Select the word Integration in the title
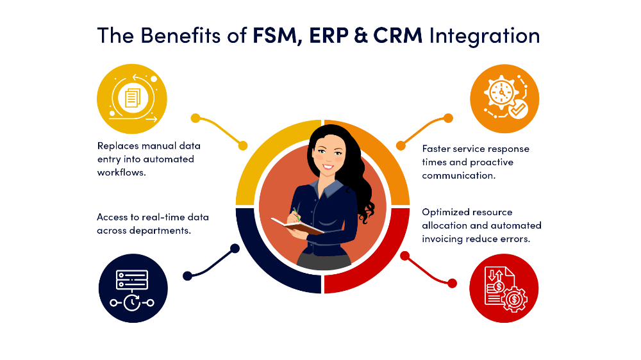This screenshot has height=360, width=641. [484, 35]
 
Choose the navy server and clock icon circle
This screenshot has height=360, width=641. [133, 289]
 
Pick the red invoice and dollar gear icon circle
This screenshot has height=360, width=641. [504, 288]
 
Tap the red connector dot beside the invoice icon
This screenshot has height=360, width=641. [452, 282]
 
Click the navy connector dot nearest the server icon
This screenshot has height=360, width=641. [187, 276]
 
